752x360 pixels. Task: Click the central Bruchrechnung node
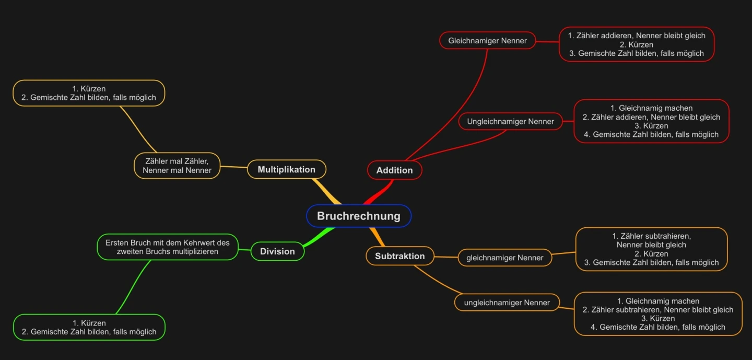pyautogui.click(x=359, y=216)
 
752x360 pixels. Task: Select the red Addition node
pyautogui.click(x=394, y=170)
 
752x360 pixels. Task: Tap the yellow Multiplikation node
pyautogui.click(x=286, y=169)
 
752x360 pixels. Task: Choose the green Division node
pyautogui.click(x=277, y=251)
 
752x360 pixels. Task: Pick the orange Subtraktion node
pyautogui.click(x=399, y=256)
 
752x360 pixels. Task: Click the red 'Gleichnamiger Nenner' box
pyautogui.click(x=487, y=40)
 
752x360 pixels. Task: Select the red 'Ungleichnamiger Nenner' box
pyautogui.click(x=510, y=121)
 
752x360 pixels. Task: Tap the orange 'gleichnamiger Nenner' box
pyautogui.click(x=504, y=258)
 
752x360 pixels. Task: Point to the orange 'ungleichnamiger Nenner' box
pyautogui.click(x=507, y=303)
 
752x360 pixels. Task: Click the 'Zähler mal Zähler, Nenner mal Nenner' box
pyautogui.click(x=177, y=166)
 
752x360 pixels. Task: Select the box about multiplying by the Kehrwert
pyautogui.click(x=167, y=247)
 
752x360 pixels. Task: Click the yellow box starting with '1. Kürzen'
pyautogui.click(x=89, y=93)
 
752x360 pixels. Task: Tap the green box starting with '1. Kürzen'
pyautogui.click(x=89, y=327)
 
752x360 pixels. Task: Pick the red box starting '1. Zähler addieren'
pyautogui.click(x=636, y=44)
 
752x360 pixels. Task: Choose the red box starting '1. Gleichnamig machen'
pyautogui.click(x=651, y=121)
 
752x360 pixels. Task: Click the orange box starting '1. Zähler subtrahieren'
pyautogui.click(x=651, y=249)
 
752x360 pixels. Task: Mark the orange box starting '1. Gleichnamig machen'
pyautogui.click(x=657, y=313)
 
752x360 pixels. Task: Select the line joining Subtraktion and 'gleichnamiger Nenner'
pyautogui.click(x=446, y=257)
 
